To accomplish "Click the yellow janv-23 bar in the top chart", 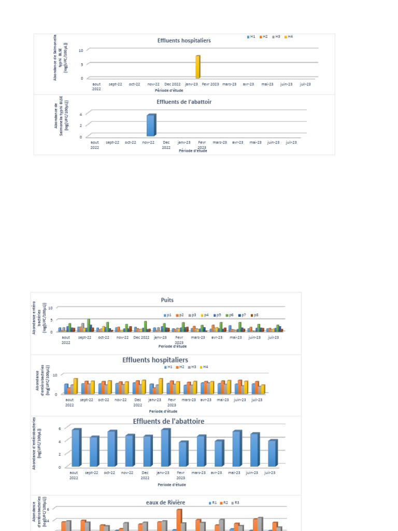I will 197,67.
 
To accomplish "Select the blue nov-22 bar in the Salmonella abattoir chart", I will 151,125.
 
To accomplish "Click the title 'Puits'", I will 167,300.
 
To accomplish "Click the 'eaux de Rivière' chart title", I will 165,502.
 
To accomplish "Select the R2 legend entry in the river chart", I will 224,503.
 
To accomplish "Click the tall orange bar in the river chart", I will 179,520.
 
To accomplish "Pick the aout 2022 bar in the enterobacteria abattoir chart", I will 76,448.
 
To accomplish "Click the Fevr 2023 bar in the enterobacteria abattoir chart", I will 183,454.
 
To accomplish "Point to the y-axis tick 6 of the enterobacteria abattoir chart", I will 60,428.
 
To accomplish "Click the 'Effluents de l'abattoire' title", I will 168,422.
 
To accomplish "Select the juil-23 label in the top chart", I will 305,83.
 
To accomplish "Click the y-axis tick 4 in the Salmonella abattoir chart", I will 81,113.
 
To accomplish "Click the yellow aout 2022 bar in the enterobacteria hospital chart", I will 75,386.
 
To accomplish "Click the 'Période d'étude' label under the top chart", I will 168,91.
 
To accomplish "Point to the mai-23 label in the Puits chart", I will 235,337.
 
